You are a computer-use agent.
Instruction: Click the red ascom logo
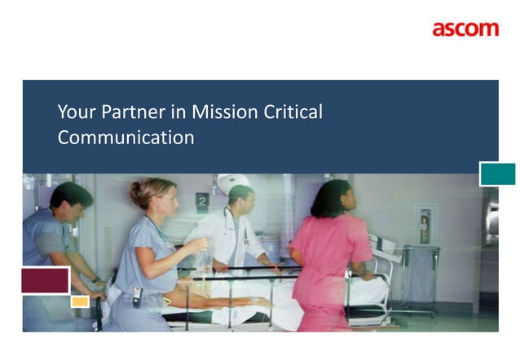tap(465, 29)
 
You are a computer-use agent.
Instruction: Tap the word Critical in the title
tap(293, 112)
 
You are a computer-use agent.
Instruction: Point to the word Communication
tap(126, 138)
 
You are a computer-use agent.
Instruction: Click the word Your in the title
tap(73, 112)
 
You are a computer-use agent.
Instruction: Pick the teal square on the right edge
tap(497, 173)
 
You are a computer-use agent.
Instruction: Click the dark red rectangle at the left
tap(45, 279)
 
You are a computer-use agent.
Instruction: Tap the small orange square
tap(80, 301)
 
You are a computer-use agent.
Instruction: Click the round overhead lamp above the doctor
tap(234, 182)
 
